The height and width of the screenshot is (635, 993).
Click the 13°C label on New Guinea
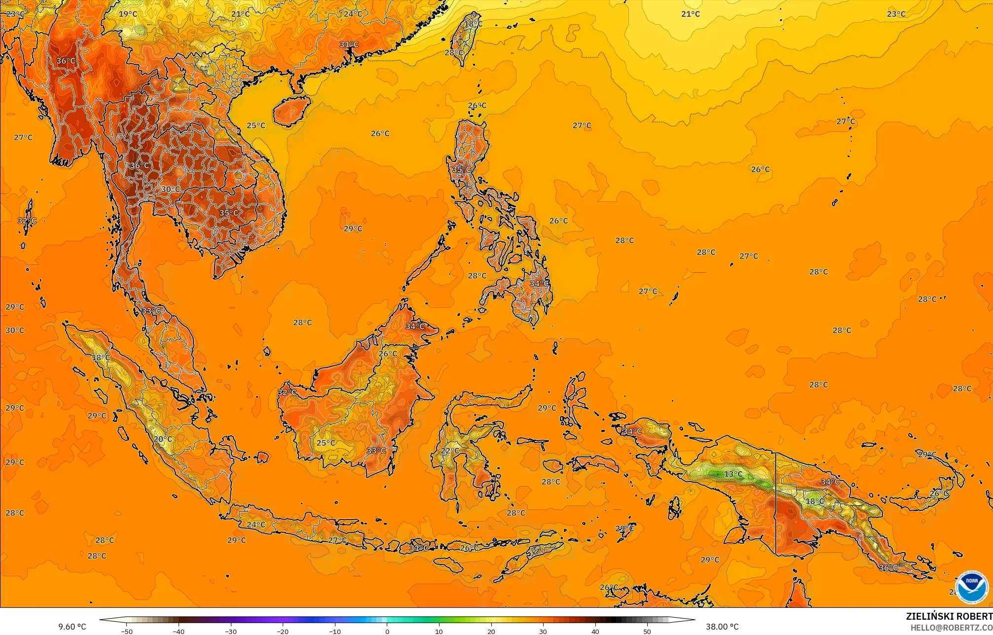(733, 474)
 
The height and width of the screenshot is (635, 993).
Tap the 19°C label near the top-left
(128, 14)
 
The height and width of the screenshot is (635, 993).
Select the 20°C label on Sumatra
(163, 439)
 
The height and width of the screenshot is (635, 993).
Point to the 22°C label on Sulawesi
(449, 451)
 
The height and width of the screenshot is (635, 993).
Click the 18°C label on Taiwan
(473, 24)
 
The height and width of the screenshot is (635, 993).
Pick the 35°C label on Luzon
(461, 169)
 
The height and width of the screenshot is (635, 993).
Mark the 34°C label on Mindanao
(539, 284)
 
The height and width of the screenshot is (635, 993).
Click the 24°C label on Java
(256, 524)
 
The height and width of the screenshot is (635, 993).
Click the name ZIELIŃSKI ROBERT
(949, 616)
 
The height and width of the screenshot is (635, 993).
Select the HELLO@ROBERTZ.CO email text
(951, 628)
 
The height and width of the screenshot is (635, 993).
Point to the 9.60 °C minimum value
(72, 627)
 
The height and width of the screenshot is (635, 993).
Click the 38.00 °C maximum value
(722, 627)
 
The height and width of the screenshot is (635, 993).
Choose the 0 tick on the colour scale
(387, 631)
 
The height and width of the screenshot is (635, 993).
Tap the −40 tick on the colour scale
(179, 631)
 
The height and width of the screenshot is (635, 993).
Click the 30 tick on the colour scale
(543, 631)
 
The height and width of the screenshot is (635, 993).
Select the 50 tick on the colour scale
(647, 631)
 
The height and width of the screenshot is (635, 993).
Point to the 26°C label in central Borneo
(388, 354)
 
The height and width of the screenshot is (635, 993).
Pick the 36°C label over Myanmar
(66, 61)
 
